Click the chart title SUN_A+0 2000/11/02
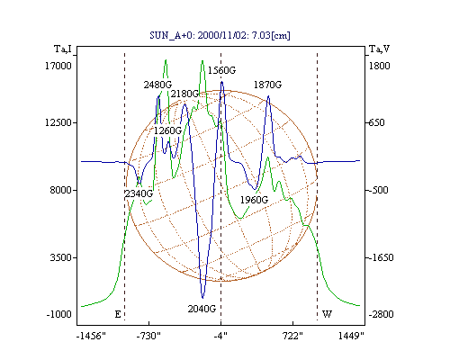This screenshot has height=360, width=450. click(220, 35)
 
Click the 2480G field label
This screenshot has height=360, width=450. click(157, 85)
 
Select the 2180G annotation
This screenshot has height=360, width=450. click(184, 94)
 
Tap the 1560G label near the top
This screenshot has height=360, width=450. click(221, 70)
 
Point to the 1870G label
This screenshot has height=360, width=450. click(267, 85)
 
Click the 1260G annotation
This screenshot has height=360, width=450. click(167, 130)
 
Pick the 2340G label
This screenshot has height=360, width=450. click(139, 193)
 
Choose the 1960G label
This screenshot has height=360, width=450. click(254, 200)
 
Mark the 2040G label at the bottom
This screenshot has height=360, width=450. click(202, 309)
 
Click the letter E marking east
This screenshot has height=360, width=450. click(118, 314)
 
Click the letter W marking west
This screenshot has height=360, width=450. click(327, 314)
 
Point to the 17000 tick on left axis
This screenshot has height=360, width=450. click(58, 66)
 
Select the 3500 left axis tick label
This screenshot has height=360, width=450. click(61, 257)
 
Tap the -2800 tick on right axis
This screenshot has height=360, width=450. click(381, 315)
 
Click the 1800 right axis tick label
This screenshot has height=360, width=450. click(379, 66)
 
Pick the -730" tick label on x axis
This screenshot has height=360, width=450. click(148, 337)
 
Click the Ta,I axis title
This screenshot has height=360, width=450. click(63, 49)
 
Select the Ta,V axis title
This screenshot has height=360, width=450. click(380, 49)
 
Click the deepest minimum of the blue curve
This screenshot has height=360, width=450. click(202, 298)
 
